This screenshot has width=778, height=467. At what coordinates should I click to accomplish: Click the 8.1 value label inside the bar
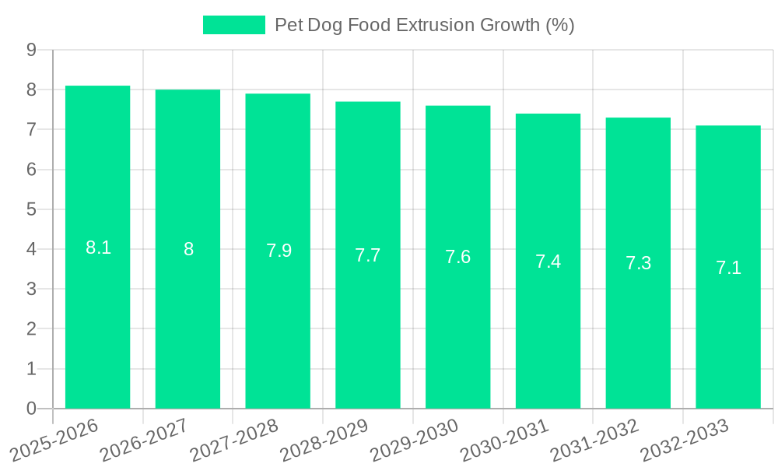click(98, 248)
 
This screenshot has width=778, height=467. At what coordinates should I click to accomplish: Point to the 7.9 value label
click(279, 251)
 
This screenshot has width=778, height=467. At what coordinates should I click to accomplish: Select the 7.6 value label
click(457, 257)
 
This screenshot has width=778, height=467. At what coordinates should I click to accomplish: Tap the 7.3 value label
click(638, 263)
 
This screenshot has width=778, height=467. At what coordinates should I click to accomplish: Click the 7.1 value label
click(728, 268)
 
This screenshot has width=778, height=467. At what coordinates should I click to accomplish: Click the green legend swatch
click(233, 25)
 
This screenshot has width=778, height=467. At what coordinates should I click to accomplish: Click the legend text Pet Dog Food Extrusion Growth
click(424, 25)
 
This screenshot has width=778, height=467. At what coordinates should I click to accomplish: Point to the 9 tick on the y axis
click(31, 50)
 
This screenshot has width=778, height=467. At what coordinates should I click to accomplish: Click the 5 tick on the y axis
click(31, 209)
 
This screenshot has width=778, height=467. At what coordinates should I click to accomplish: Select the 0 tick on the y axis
click(31, 409)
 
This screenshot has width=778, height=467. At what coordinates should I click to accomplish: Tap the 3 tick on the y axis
click(31, 289)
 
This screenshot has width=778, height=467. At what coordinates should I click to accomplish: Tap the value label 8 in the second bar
click(188, 249)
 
